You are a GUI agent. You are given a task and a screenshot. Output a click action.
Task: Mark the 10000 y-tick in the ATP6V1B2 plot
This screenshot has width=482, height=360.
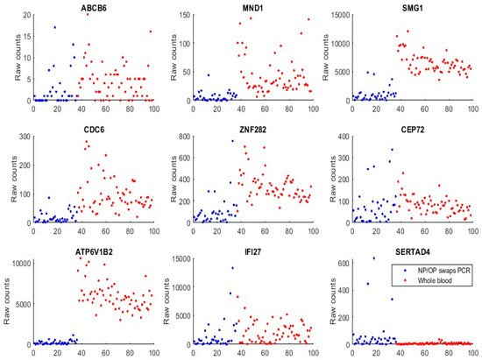18,261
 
